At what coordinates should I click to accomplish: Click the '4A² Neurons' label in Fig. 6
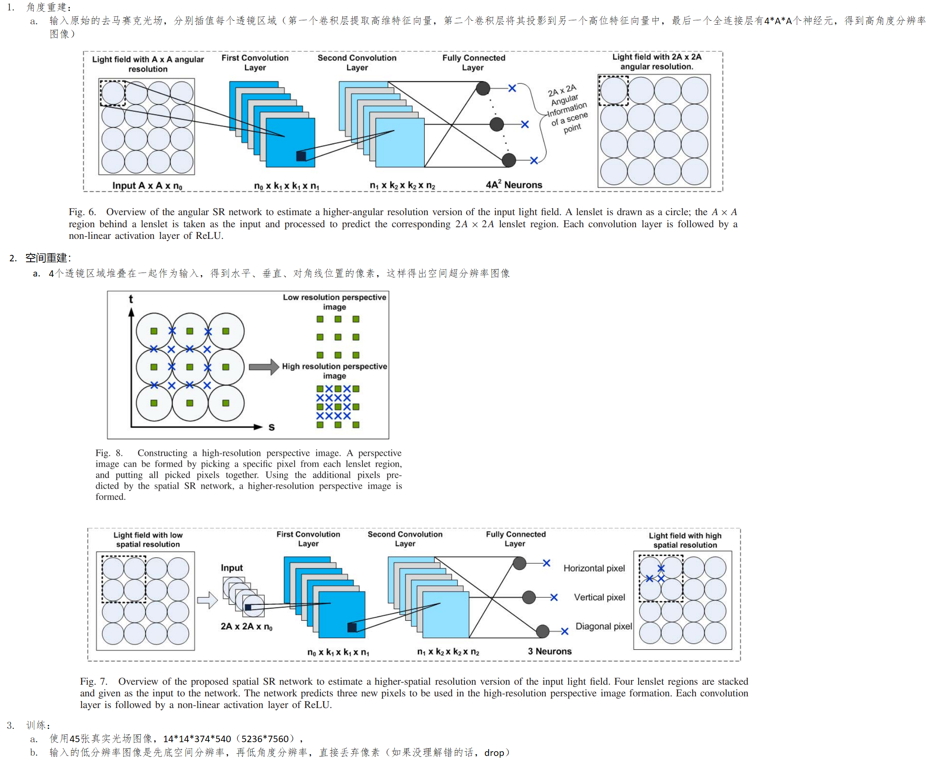(513, 184)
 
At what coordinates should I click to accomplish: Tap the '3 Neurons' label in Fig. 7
(549, 651)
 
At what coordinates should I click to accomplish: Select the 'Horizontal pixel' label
(594, 568)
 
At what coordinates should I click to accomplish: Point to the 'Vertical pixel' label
(599, 597)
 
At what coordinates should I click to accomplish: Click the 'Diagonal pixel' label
(603, 626)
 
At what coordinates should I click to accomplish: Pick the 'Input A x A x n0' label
(147, 185)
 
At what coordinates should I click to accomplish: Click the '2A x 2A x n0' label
(246, 626)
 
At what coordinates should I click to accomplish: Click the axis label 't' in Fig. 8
(131, 299)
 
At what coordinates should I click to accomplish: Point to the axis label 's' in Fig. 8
(272, 427)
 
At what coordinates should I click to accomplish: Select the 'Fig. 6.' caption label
(82, 212)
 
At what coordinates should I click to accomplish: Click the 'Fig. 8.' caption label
(109, 453)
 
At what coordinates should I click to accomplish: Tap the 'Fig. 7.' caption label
(94, 681)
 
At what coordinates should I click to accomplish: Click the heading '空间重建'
(46, 258)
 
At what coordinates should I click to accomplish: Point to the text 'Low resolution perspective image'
(334, 302)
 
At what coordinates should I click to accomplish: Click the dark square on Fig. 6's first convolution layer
(301, 156)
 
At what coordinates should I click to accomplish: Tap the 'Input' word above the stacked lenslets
(231, 568)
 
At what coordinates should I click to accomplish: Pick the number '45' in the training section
(75, 738)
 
